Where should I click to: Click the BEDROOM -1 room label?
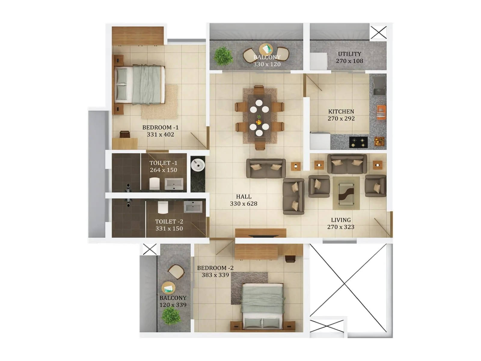tap(160, 128)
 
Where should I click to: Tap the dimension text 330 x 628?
tap(244, 204)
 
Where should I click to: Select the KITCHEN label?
tap(341, 112)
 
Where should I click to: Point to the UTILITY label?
tap(349, 54)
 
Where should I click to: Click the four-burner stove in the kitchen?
tap(358, 142)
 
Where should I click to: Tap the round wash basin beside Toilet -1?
tap(198, 165)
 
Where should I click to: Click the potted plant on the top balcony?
tap(223, 56)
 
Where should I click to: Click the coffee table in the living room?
tap(346, 193)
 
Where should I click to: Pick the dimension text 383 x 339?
tap(215, 275)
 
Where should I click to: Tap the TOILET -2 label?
tap(169, 221)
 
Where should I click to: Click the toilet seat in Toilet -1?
tap(155, 183)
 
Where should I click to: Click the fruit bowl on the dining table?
tap(259, 122)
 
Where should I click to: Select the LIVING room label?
tap(341, 220)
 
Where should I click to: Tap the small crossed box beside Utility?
tap(378, 32)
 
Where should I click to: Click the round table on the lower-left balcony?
tap(168, 288)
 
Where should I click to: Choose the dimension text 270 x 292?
tap(341, 119)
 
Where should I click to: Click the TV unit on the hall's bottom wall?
tap(261, 233)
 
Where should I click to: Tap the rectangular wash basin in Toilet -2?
tap(193, 207)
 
